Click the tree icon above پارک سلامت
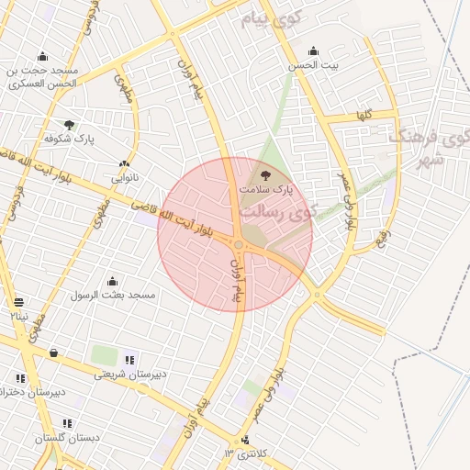coord(266,173)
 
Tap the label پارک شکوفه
coord(70,139)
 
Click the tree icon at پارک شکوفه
coord(70,125)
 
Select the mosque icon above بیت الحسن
coord(314,51)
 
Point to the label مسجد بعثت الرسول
coord(115,295)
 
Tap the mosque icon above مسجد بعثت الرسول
coord(113,281)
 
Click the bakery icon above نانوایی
coord(124,163)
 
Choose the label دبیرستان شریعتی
coord(130,374)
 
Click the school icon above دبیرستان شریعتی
coord(130,360)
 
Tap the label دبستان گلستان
coord(67,438)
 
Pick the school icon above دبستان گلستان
coord(67,424)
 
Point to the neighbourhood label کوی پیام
coord(272,19)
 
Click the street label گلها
coord(364,116)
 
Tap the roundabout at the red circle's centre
coord(239,244)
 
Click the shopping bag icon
coord(53,352)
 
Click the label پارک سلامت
coord(266,188)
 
